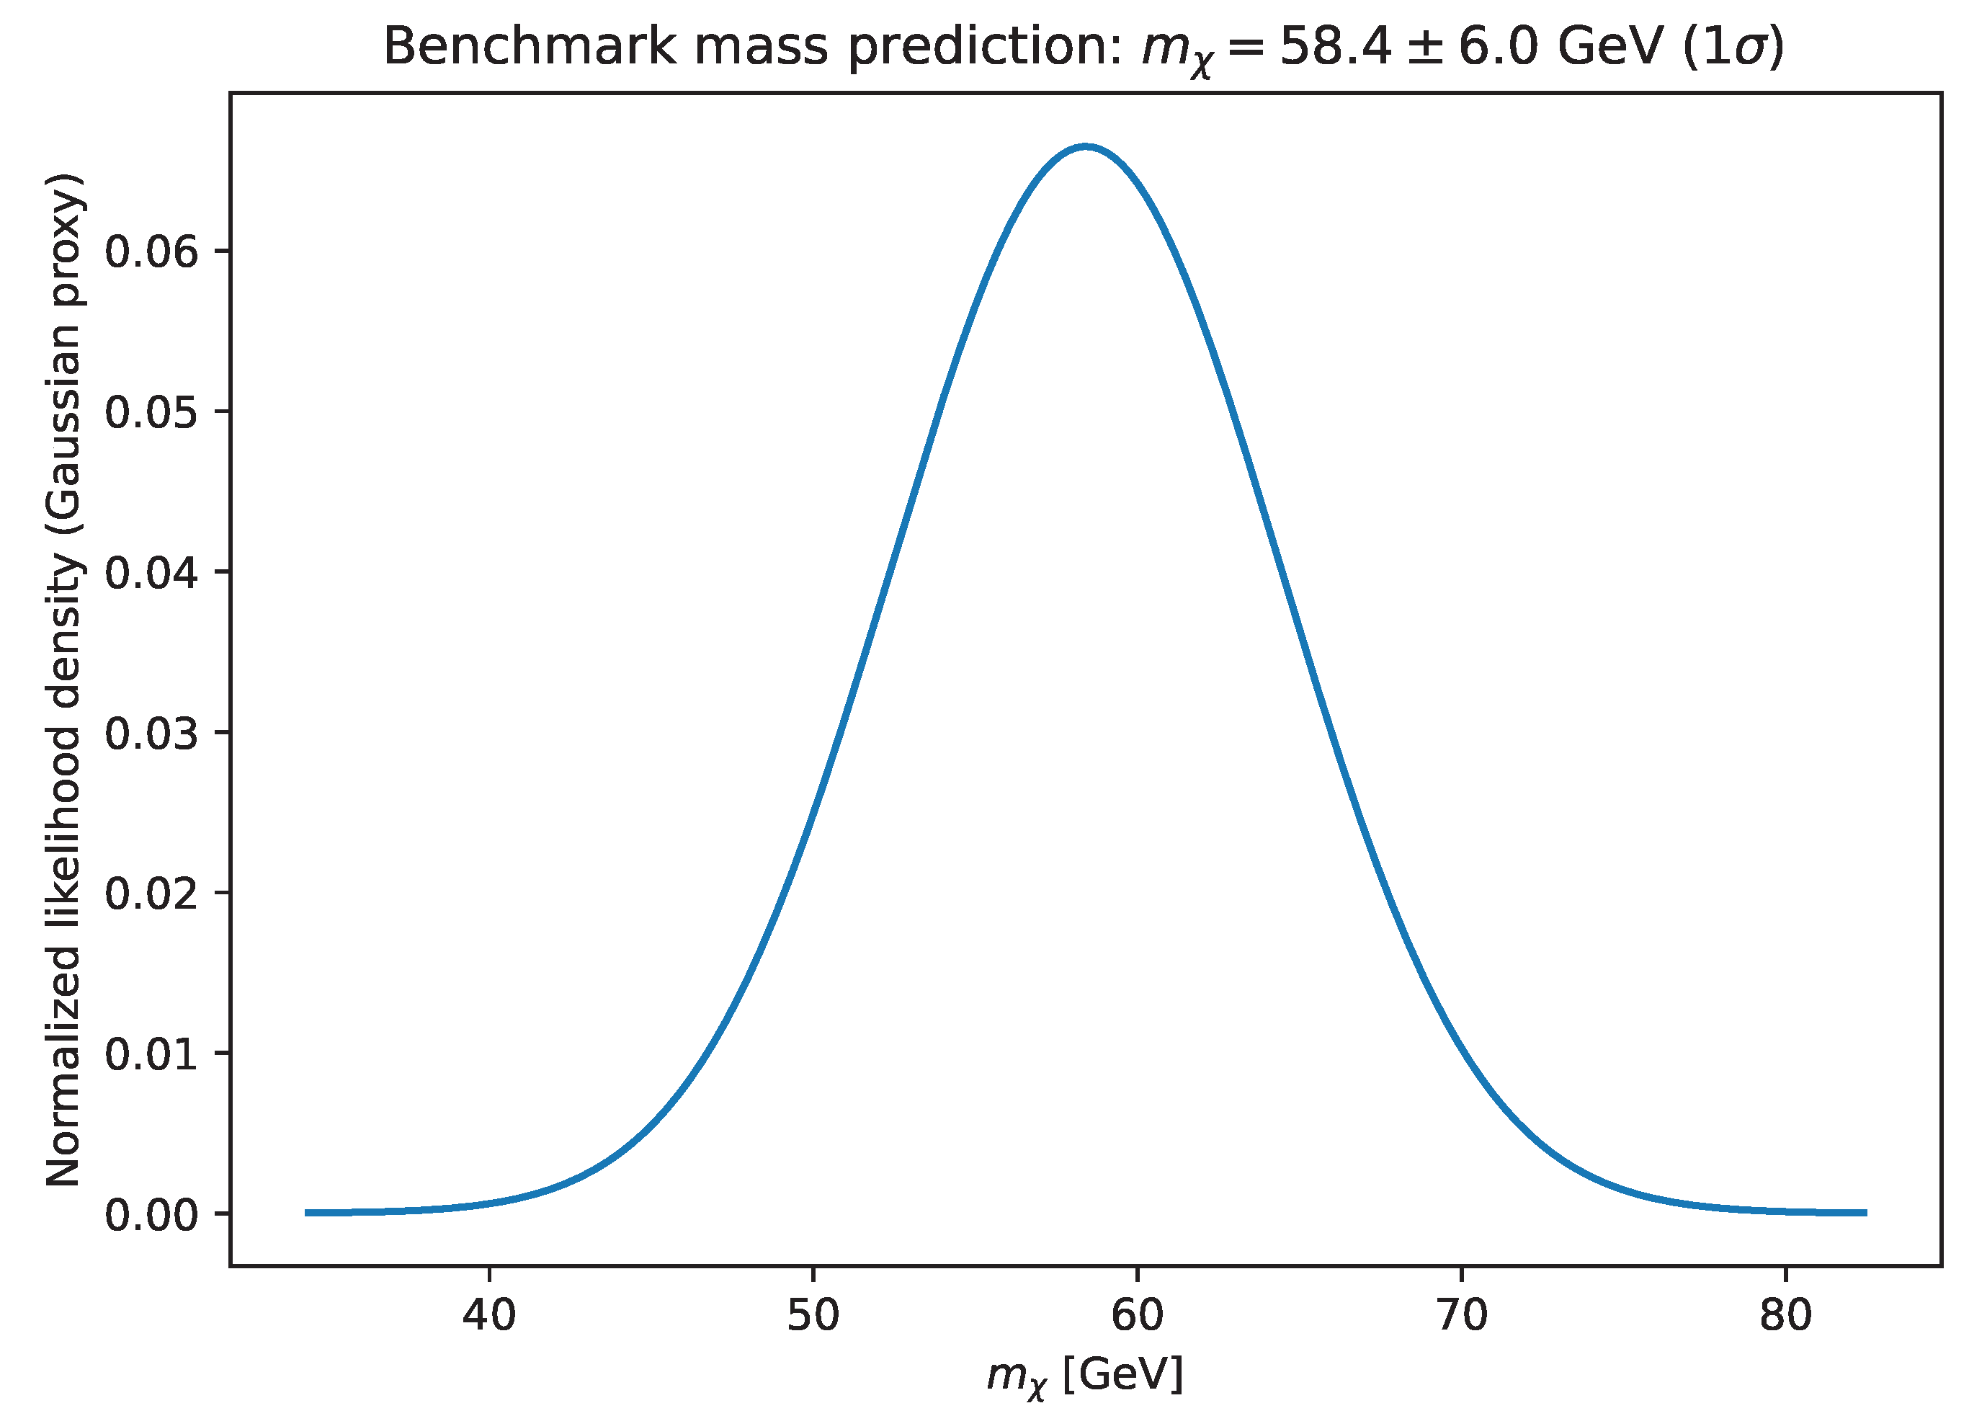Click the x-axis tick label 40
[x=488, y=1316]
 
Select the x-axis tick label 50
[x=813, y=1316]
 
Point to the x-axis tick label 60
[x=1138, y=1316]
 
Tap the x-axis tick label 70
[x=1462, y=1316]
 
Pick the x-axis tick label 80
[x=1786, y=1316]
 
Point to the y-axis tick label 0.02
[x=152, y=894]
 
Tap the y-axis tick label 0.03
[x=152, y=734]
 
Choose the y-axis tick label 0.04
[x=152, y=573]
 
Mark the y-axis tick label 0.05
[x=152, y=412]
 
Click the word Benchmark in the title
[x=529, y=47]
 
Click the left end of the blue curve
[x=306, y=1213]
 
